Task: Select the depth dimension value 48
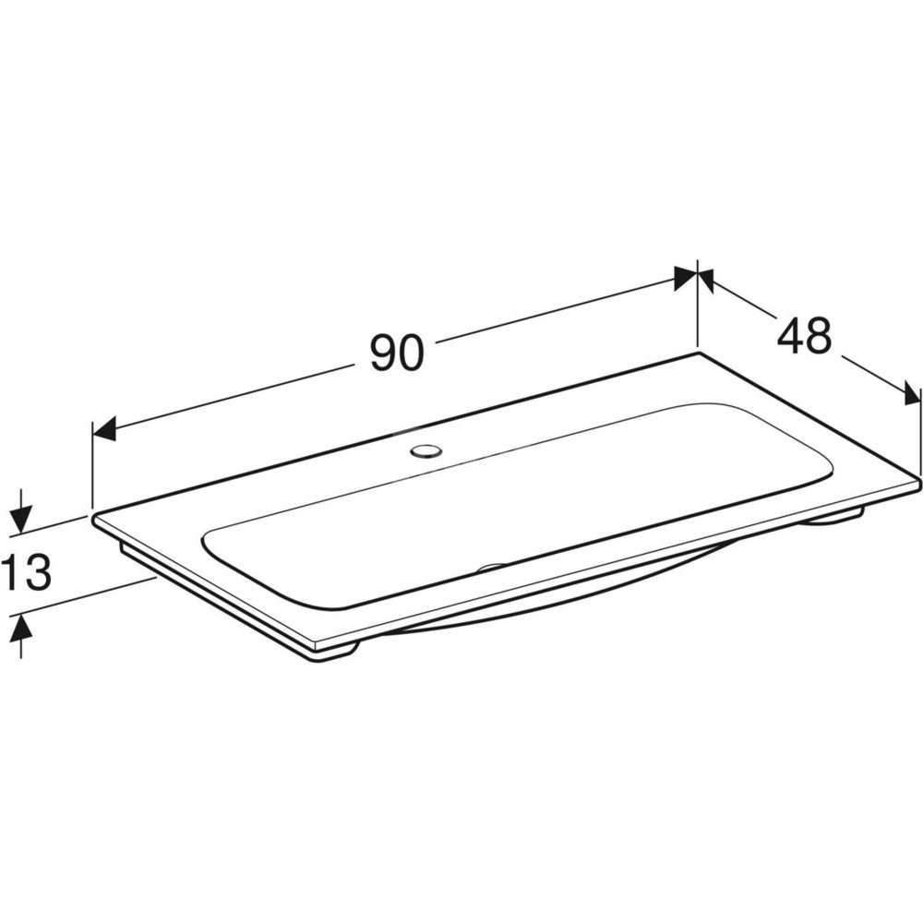(804, 336)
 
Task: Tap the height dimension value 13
(26, 572)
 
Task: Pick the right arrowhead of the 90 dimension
(685, 278)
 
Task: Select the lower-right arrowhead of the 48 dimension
(911, 393)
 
